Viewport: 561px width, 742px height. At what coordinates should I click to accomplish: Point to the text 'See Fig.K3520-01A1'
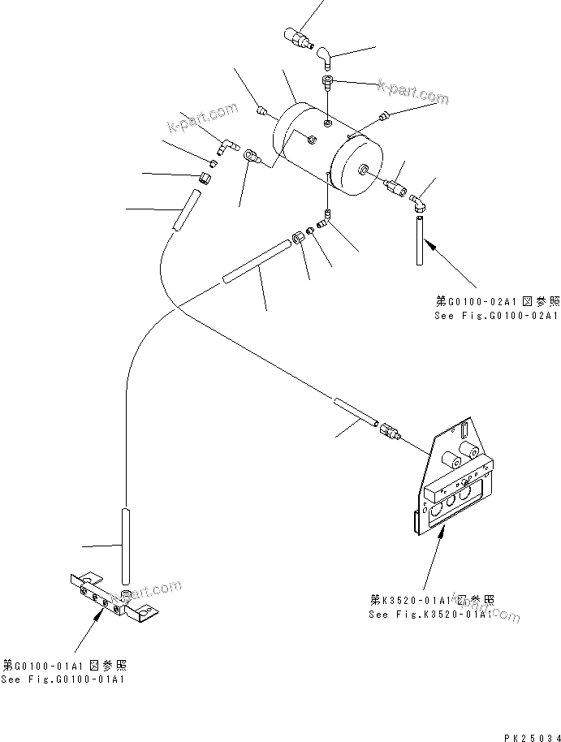[430, 615]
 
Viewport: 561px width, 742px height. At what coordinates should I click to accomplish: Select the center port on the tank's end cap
[363, 170]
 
